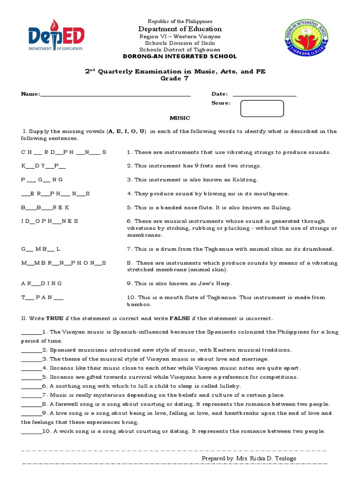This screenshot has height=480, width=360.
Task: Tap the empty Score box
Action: pos(262,108)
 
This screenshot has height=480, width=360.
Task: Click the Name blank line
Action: pos(115,94)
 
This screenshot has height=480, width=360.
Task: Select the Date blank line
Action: pos(264,94)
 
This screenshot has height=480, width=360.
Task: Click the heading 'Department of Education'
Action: pos(180,29)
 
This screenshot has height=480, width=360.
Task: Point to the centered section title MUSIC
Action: pos(180,118)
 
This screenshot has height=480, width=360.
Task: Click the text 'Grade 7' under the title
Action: pos(180,78)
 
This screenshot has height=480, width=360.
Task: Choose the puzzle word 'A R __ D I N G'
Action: pos(42,284)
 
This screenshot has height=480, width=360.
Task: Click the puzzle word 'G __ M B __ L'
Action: pos(41,249)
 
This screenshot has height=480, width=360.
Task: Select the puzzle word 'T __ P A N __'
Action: pos(43,298)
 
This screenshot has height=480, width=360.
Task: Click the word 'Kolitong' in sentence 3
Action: pos(245,180)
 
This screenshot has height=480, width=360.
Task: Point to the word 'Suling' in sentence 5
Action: pos(281,207)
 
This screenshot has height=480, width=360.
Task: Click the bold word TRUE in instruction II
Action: pos(55,318)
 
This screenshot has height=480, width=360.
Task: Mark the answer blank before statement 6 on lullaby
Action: pos(31,386)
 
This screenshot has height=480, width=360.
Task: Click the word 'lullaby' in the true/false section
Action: pos(228,386)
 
